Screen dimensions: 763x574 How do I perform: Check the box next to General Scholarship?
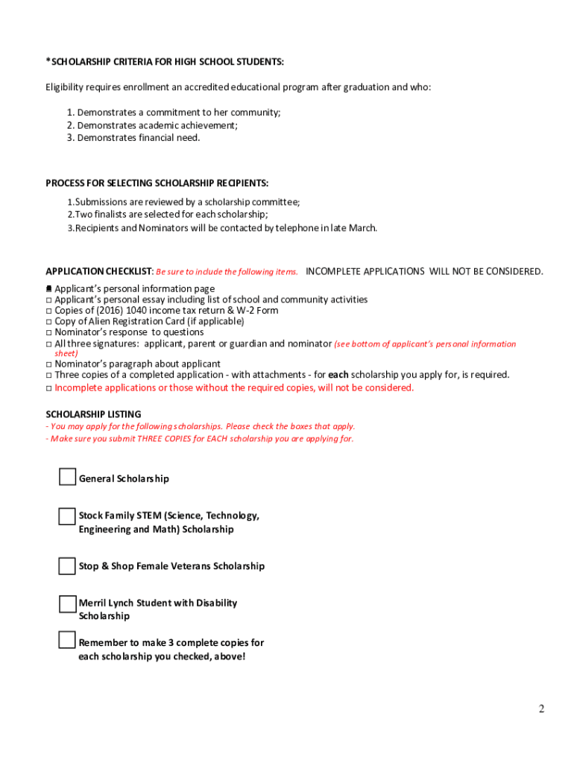tap(67, 477)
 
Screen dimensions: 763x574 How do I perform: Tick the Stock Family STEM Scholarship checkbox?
tap(67, 516)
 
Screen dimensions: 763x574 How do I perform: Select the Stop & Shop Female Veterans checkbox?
tap(67, 566)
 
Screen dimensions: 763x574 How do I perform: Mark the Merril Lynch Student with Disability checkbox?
tap(67, 604)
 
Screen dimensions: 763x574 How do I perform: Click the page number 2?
tap(542, 709)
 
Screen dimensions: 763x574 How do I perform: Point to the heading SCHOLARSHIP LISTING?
tap(93, 414)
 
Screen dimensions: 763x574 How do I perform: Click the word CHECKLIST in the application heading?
tap(129, 271)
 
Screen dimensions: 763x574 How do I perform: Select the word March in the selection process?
tap(362, 228)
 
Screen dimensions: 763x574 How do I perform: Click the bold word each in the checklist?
tap(338, 375)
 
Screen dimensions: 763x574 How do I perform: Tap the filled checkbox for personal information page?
tap(49, 288)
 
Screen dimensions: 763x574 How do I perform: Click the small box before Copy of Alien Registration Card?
tap(49, 321)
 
